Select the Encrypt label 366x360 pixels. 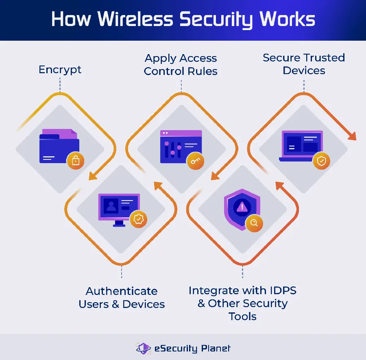pyautogui.click(x=60, y=70)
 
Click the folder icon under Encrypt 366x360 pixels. pyautogui.click(x=59, y=146)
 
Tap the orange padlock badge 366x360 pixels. pyautogui.click(x=75, y=161)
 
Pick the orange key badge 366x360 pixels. pyautogui.click(x=195, y=161)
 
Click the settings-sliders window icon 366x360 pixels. pyautogui.click(x=181, y=146)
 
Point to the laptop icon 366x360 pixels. pyautogui.click(x=301, y=146)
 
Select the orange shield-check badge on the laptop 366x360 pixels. pyautogui.click(x=321, y=161)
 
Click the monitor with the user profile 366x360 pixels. pyautogui.click(x=119, y=210)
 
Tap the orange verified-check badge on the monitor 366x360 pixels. pyautogui.click(x=138, y=219)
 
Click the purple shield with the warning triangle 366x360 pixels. pyautogui.click(x=242, y=209)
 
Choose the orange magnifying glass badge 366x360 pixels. pyautogui.click(x=254, y=223)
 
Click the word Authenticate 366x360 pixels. pyautogui.click(x=122, y=291)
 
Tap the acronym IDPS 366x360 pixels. pyautogui.click(x=283, y=290)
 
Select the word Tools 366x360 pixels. pyautogui.click(x=242, y=316)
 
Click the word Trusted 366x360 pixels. pyautogui.click(x=325, y=58)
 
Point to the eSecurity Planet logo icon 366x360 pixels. pyautogui.click(x=143, y=348)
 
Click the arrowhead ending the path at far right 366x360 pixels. pyautogui.click(x=353, y=136)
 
